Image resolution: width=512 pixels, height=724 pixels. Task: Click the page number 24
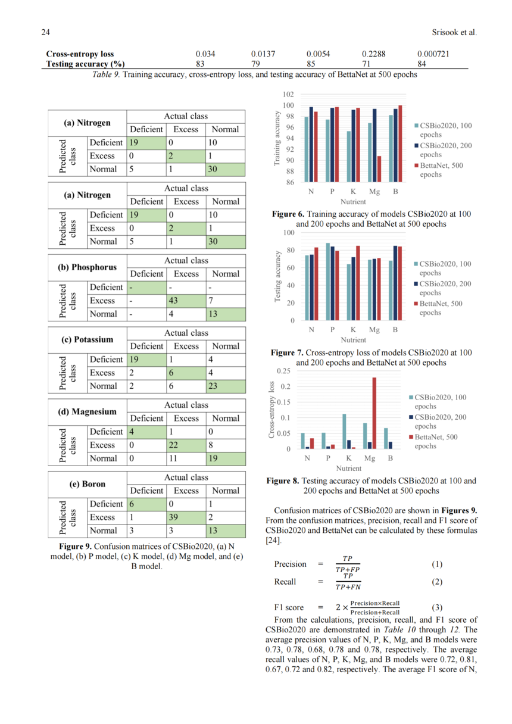click(x=46, y=32)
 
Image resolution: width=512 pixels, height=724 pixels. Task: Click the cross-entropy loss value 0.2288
click(x=373, y=54)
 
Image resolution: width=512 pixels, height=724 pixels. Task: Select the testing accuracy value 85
click(x=311, y=64)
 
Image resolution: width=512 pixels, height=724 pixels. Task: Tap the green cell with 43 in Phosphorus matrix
click(x=186, y=301)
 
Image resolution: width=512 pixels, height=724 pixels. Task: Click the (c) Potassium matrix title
click(x=88, y=339)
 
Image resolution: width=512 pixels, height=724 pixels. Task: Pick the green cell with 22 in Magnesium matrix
click(x=186, y=445)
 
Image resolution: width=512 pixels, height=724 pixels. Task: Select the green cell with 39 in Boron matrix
click(x=186, y=517)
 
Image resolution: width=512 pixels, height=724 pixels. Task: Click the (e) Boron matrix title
click(x=88, y=484)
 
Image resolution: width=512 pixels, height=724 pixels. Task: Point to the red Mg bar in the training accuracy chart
click(x=379, y=169)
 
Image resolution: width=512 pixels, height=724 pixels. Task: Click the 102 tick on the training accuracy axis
click(x=288, y=95)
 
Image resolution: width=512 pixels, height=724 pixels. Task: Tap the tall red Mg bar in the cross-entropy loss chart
click(x=374, y=413)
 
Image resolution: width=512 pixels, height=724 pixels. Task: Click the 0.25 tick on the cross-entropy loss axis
click(x=283, y=371)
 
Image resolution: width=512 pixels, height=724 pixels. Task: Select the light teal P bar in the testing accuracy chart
click(x=328, y=282)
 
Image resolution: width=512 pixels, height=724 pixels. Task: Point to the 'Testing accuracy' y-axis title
click(x=277, y=277)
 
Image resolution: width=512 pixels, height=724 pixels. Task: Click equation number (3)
click(x=436, y=607)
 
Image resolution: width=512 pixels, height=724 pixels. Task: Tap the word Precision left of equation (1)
click(x=290, y=564)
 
